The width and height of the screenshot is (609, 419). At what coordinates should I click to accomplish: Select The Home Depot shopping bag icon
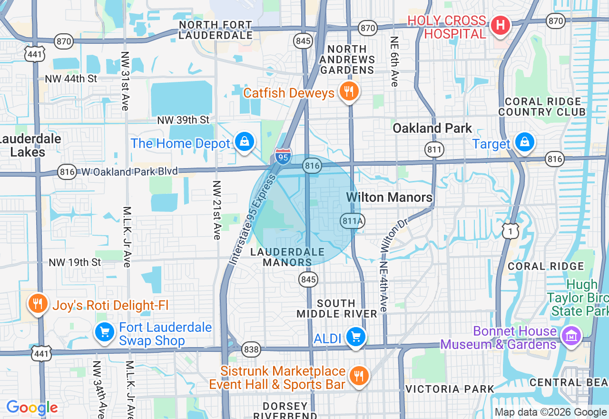point(245,141)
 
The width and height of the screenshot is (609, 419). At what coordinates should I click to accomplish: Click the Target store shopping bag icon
point(524,142)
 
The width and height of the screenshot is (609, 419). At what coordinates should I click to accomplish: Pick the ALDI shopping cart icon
point(355,337)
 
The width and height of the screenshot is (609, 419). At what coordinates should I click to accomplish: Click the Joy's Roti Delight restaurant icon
point(38,303)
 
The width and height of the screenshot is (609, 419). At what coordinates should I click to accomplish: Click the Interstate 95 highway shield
point(283,156)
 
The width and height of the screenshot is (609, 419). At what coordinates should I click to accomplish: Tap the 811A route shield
point(353,220)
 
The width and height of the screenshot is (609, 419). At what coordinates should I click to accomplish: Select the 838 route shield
point(251,350)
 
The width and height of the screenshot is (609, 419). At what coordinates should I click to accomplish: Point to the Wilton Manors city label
point(389,197)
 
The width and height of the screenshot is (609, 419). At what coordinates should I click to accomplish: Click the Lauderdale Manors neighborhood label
point(287,257)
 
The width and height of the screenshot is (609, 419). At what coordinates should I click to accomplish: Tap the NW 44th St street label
point(71,79)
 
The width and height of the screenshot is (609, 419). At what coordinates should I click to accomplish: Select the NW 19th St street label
point(75,262)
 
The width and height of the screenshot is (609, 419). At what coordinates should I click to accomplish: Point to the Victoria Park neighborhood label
point(450,389)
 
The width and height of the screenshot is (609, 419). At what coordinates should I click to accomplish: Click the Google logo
point(31,408)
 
